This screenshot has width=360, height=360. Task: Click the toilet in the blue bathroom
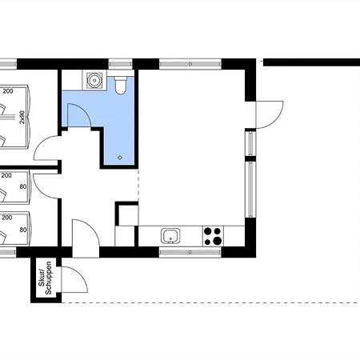(x=121, y=85)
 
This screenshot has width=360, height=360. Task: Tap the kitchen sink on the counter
(x=170, y=236)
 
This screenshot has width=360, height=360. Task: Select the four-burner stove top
(x=213, y=236)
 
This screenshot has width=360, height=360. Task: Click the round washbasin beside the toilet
(x=94, y=80)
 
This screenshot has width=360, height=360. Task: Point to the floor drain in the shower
(x=120, y=158)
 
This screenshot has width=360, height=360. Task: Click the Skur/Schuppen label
(x=45, y=278)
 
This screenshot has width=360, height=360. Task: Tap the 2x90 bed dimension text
(x=22, y=117)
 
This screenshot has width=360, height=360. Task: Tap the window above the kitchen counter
(x=190, y=252)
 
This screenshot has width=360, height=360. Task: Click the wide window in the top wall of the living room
(x=190, y=64)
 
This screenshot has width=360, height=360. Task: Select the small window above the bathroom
(x=121, y=64)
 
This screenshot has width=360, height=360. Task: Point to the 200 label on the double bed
(x=8, y=91)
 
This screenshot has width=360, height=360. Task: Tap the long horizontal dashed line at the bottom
(x=210, y=302)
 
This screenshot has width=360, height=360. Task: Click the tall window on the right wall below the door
(x=250, y=190)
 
